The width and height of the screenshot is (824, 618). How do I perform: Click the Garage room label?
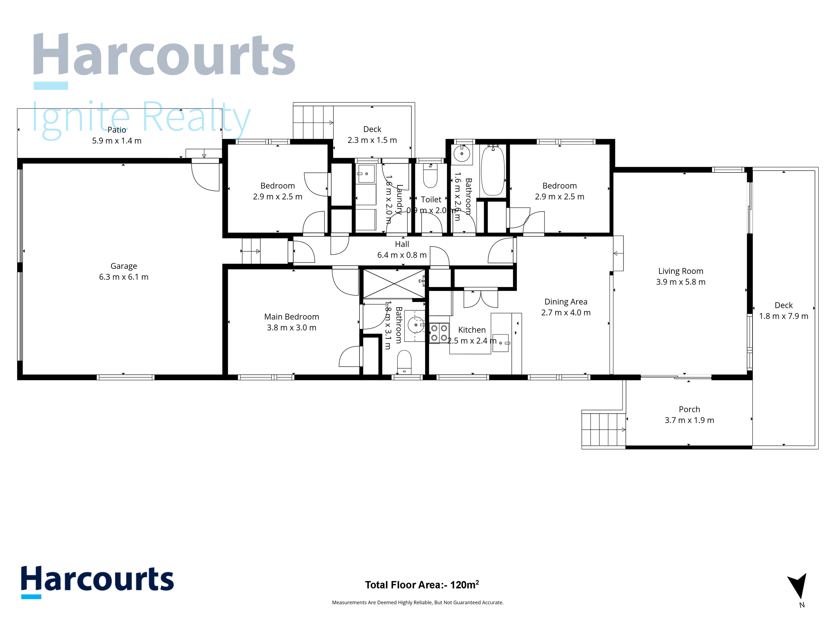click(x=124, y=266)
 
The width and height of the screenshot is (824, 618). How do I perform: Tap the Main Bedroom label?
click(x=291, y=317)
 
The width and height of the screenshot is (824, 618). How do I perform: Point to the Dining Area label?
click(x=566, y=302)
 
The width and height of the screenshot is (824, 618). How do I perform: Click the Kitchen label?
click(x=472, y=330)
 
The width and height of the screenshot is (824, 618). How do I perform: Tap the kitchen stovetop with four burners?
click(x=439, y=333)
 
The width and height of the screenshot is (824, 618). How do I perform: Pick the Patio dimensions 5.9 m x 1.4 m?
click(x=117, y=141)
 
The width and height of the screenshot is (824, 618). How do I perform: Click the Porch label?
click(x=689, y=409)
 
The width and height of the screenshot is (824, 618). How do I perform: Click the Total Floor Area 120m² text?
click(x=422, y=585)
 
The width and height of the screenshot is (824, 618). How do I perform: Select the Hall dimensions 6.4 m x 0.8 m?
click(x=402, y=255)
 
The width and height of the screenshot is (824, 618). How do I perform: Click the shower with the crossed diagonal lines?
click(x=394, y=284)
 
